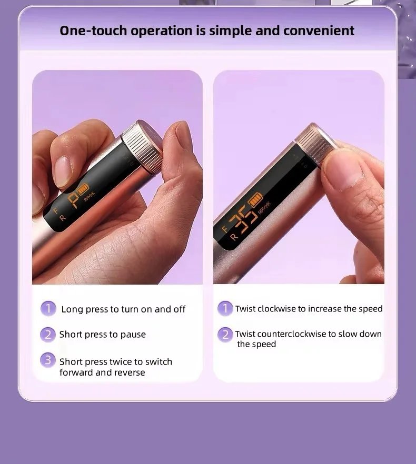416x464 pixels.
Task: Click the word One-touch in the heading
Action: tap(93, 31)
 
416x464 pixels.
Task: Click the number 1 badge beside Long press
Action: tap(48, 309)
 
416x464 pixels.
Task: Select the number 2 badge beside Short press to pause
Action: tap(48, 335)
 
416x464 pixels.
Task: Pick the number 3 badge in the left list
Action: tap(48, 360)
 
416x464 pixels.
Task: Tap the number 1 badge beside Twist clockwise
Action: tap(225, 308)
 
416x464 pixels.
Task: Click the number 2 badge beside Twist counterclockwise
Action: tap(225, 335)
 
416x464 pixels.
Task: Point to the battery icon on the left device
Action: tap(83, 188)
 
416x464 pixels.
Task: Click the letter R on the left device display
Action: tap(62, 218)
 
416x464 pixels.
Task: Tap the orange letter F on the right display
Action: tap(225, 228)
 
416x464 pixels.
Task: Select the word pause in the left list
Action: tap(133, 335)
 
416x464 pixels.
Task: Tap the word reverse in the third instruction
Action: tap(130, 372)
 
